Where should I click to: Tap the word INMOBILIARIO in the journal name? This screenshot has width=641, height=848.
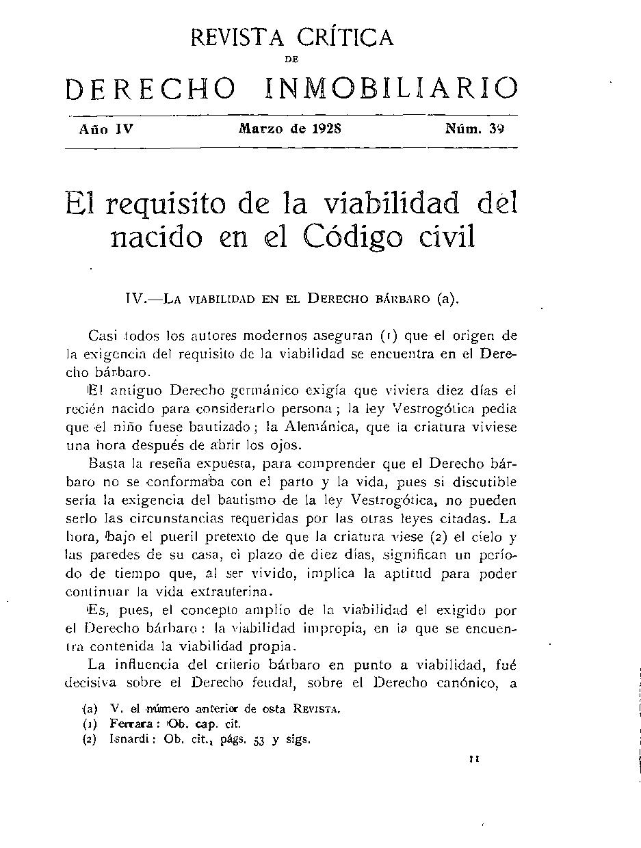(x=391, y=89)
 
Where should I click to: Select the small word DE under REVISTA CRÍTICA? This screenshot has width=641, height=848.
(x=292, y=60)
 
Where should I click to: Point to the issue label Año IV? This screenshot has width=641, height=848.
(x=106, y=128)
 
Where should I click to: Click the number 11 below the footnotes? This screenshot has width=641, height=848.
(x=474, y=759)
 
